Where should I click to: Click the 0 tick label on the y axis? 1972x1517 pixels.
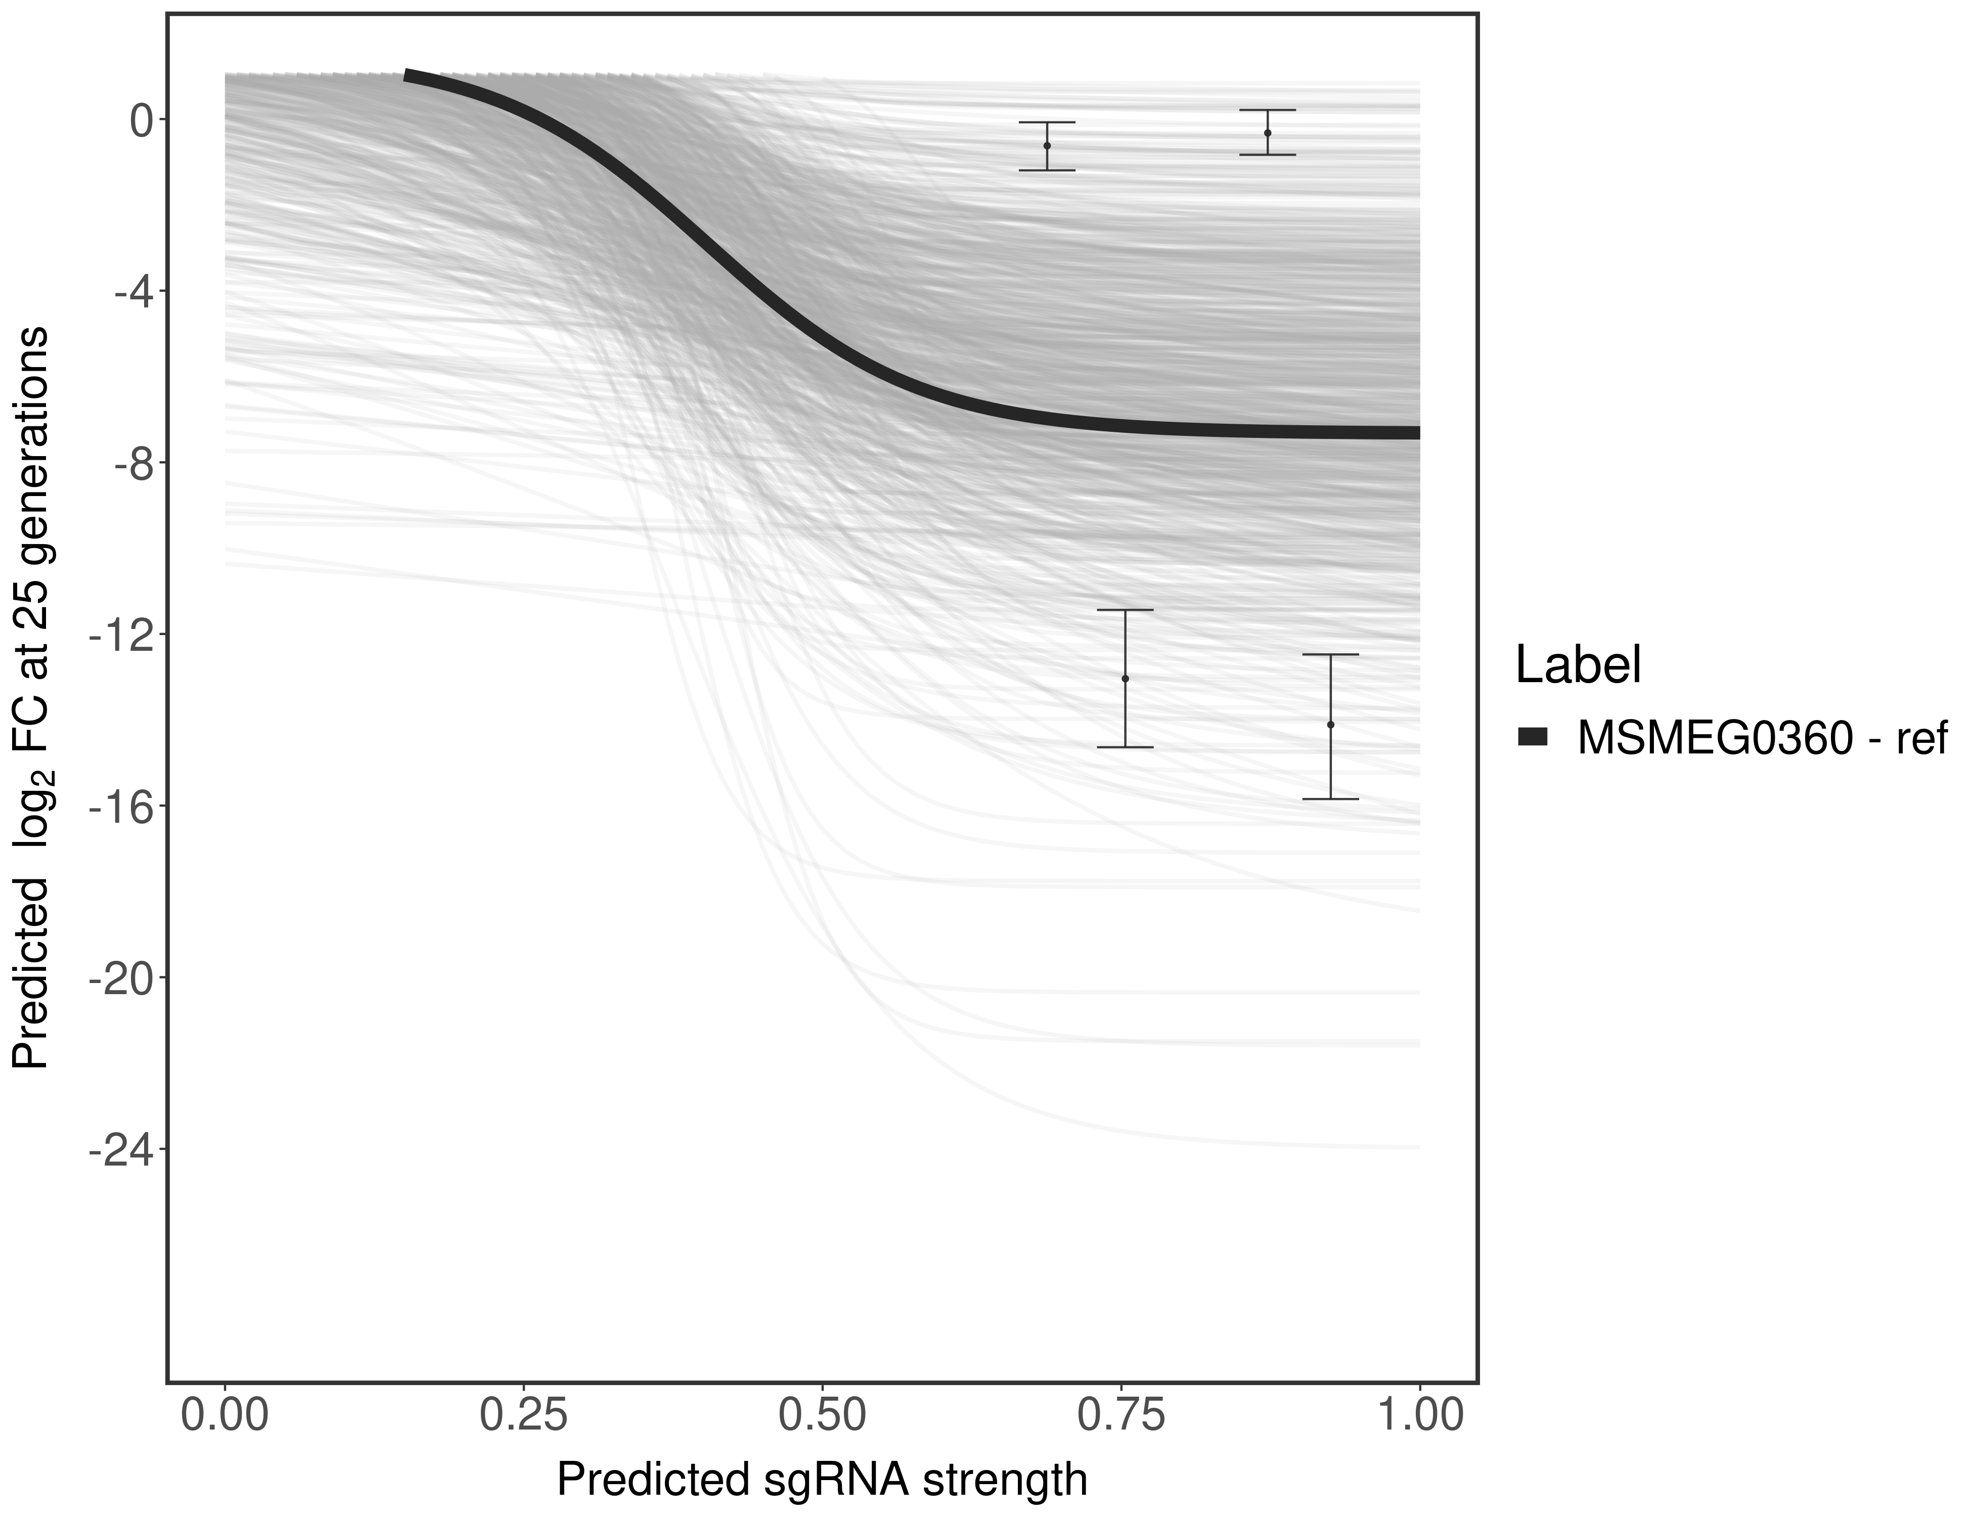coord(142,120)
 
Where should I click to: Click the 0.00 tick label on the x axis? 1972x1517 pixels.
coord(225,1415)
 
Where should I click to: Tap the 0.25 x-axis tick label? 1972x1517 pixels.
coord(524,1415)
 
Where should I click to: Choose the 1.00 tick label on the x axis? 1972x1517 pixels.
coord(1419,1415)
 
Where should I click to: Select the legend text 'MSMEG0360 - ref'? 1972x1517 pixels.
coord(1761,739)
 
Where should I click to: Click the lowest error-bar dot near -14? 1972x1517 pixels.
coord(1330,724)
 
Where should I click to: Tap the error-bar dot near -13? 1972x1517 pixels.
coord(1125,678)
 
